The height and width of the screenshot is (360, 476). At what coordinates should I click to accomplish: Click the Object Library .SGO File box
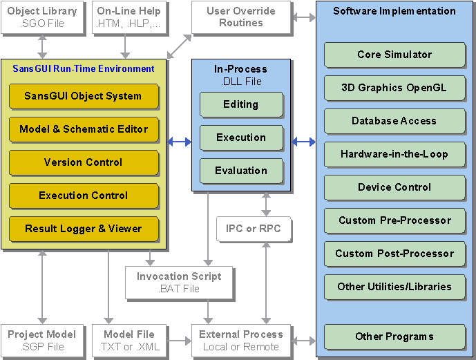coord(42,17)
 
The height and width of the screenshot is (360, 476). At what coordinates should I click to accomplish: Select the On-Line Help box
coord(128,17)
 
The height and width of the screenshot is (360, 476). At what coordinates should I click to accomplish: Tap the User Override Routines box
coord(240,17)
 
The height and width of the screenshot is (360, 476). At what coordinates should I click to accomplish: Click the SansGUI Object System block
coord(83,96)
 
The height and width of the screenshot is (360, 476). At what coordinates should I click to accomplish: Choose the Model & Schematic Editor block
coord(83,129)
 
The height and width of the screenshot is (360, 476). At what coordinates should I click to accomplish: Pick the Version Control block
coord(83,162)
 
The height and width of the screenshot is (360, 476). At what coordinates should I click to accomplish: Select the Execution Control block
coord(83,196)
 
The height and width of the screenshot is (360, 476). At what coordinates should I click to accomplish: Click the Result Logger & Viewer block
coord(83,229)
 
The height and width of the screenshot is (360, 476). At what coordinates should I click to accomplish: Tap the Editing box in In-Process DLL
coord(241,104)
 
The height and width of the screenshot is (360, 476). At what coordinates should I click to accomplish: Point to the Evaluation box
coord(241,171)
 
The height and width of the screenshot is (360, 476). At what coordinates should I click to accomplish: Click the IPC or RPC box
coord(254,228)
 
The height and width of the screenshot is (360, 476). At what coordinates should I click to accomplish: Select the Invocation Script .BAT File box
coord(178,282)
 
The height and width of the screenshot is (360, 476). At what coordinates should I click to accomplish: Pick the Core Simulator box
coord(394,55)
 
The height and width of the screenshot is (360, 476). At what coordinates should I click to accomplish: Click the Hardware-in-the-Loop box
coord(394,154)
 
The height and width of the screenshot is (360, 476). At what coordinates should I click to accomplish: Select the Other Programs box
coord(394,337)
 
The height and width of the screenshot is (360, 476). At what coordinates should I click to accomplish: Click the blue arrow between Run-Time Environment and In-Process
coord(180,142)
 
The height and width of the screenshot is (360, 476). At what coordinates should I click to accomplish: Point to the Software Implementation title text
coord(394,11)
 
